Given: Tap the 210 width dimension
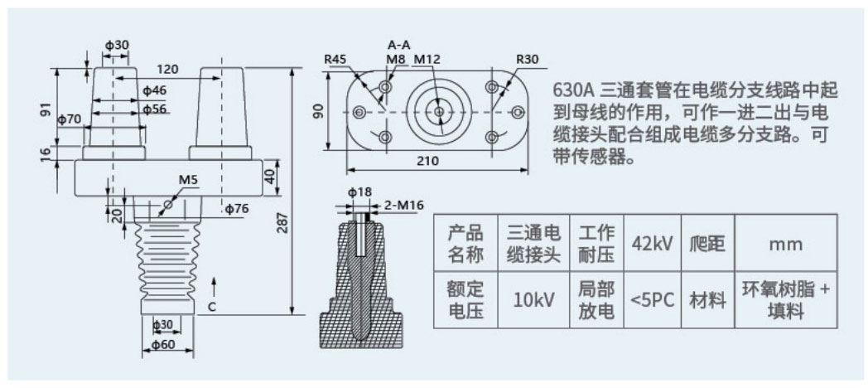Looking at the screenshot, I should point(427,160).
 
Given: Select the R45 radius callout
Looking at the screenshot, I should point(335,60).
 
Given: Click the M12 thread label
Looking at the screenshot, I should point(427,60).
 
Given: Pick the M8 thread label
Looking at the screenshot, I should point(395,60).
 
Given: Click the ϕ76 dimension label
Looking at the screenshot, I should point(236,208).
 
